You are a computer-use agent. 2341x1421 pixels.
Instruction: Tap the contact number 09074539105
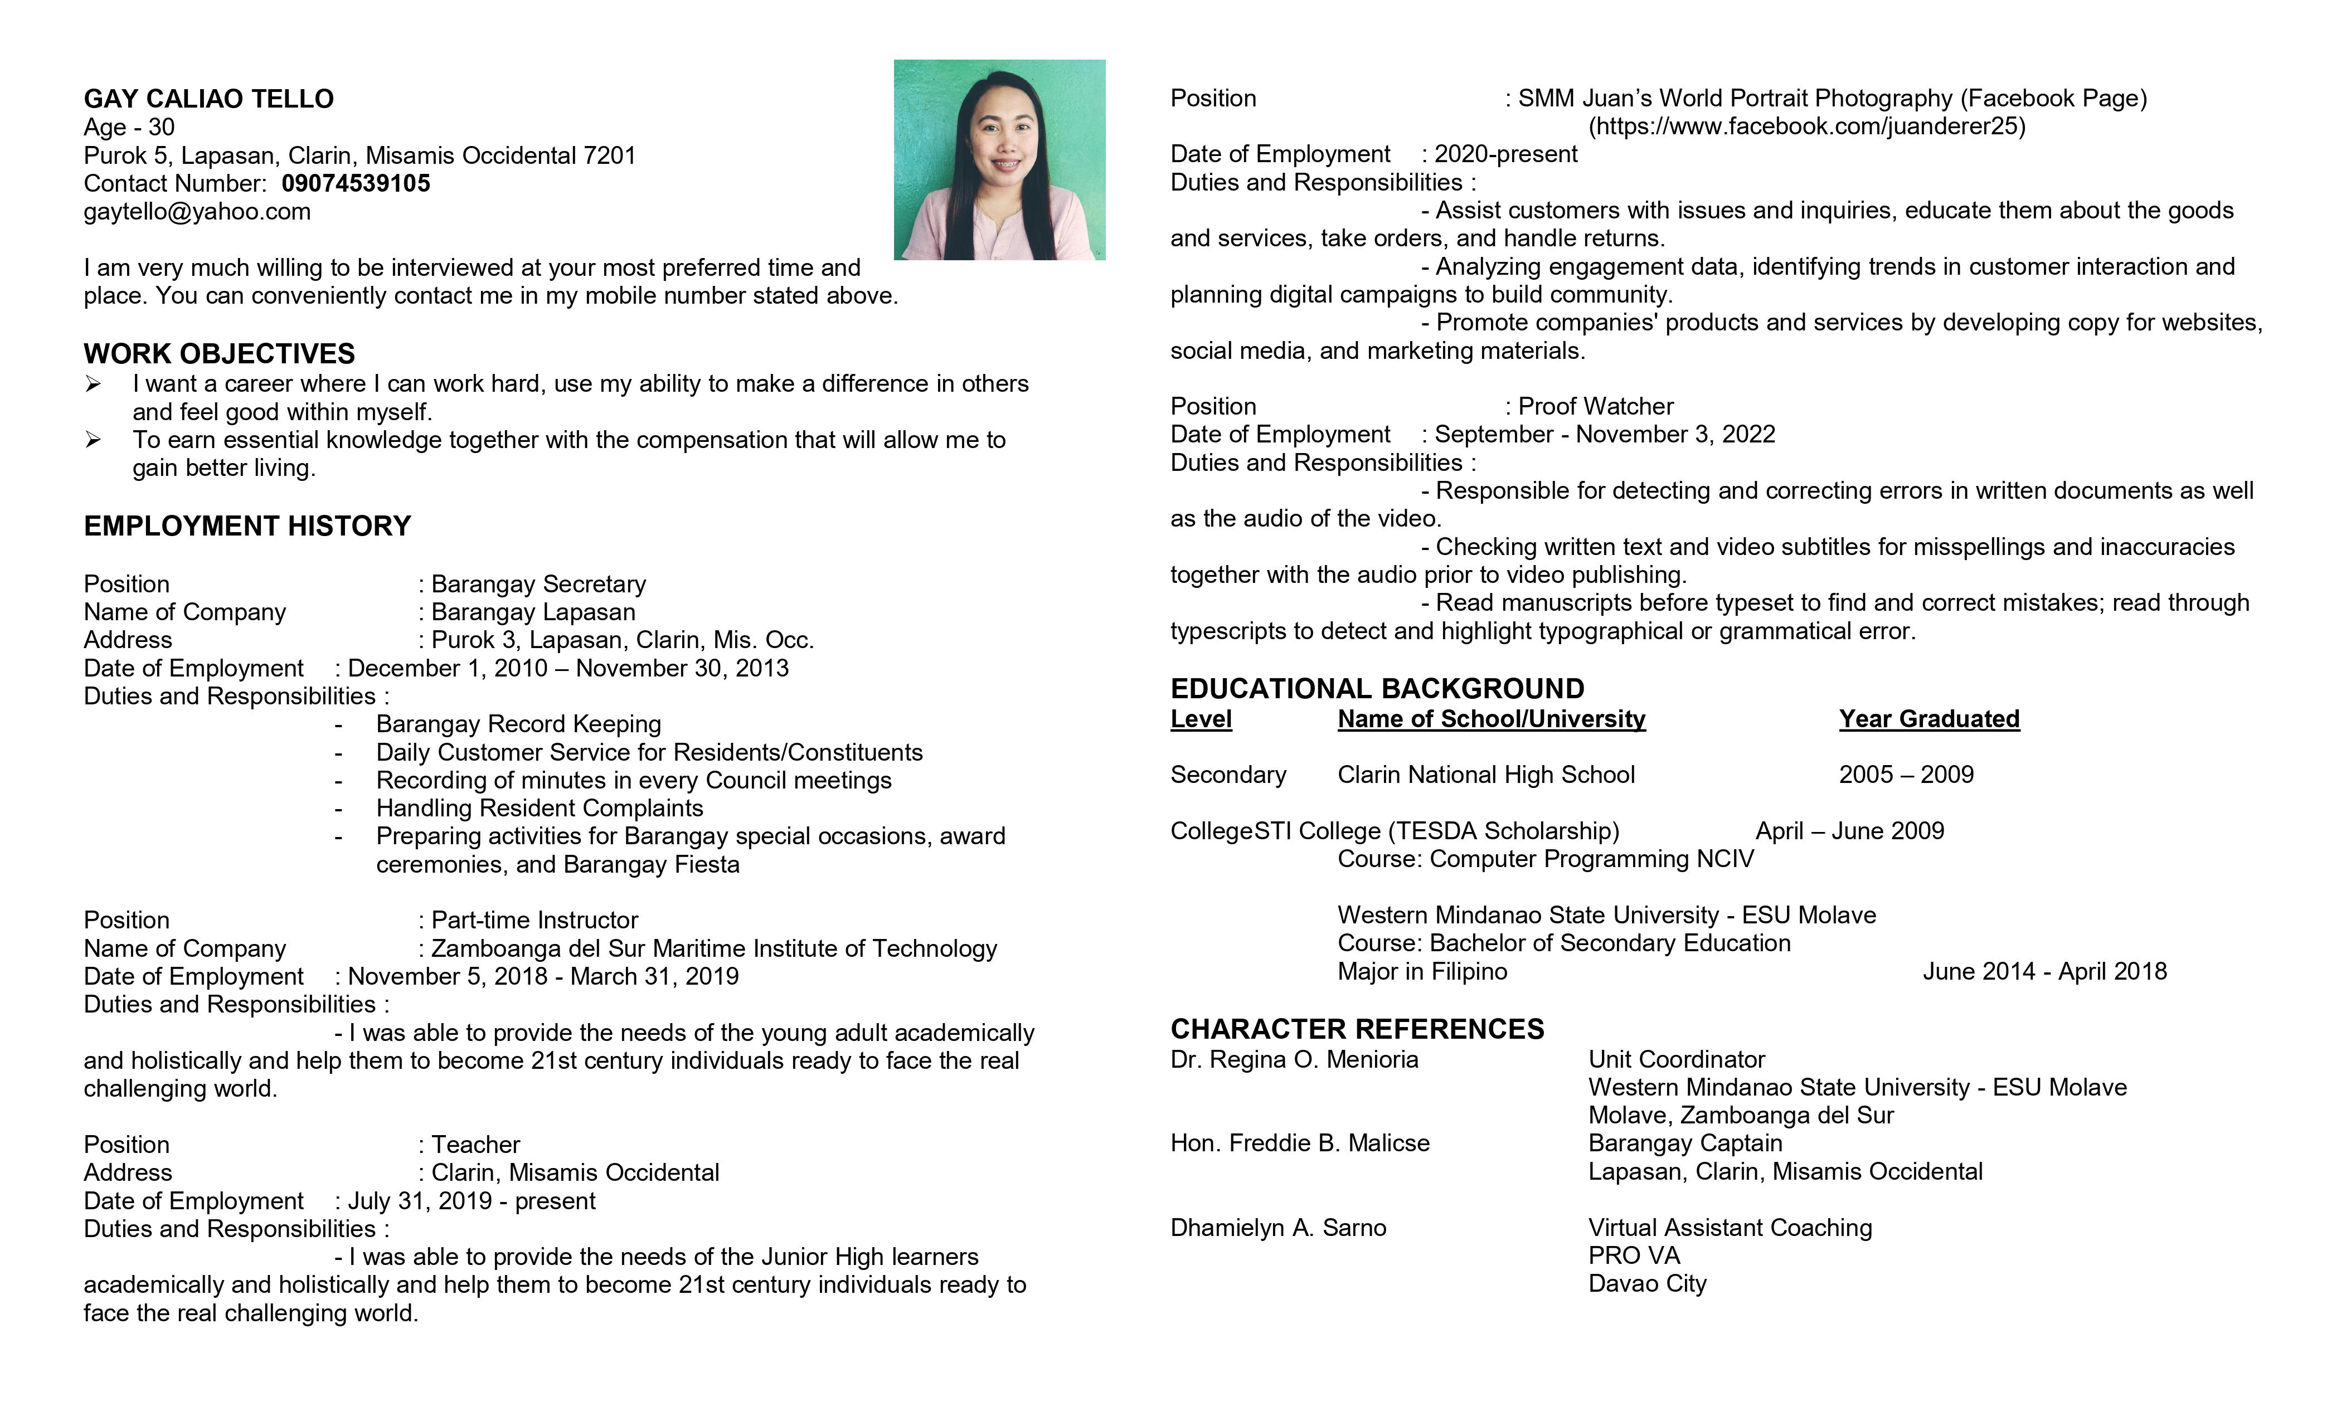click(356, 183)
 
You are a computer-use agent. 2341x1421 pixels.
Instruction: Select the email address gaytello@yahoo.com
click(197, 211)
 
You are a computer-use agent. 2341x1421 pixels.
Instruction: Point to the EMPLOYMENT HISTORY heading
click(247, 525)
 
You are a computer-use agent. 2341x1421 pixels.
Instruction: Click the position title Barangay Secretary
click(538, 583)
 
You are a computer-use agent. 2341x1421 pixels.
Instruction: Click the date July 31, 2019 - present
click(471, 1201)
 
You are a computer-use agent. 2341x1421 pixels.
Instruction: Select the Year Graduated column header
click(1929, 719)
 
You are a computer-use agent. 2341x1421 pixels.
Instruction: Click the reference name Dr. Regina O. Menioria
click(1294, 1059)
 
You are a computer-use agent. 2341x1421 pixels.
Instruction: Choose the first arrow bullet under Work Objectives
click(93, 384)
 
